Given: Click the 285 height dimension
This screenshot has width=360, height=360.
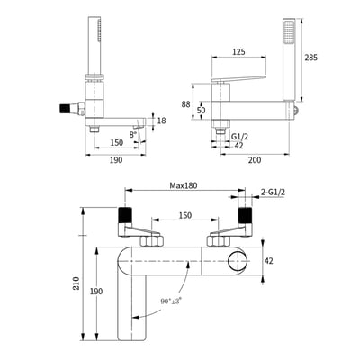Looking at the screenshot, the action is click(310, 58).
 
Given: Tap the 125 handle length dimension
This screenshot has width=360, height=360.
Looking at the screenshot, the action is click(238, 51).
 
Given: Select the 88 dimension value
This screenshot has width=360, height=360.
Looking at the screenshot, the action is click(185, 104).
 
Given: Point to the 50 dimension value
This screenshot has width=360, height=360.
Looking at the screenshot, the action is click(202, 110).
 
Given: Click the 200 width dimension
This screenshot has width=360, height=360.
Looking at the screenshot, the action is click(255, 160).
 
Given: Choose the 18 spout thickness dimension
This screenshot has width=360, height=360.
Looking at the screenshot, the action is click(161, 121).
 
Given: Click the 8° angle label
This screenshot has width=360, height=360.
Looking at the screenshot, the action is click(133, 135).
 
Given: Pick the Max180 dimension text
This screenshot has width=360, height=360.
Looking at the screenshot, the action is click(184, 185).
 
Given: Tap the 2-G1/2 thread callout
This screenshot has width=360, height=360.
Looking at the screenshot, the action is click(273, 193).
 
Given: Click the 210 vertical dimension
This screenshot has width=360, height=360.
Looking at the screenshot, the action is click(76, 283).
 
